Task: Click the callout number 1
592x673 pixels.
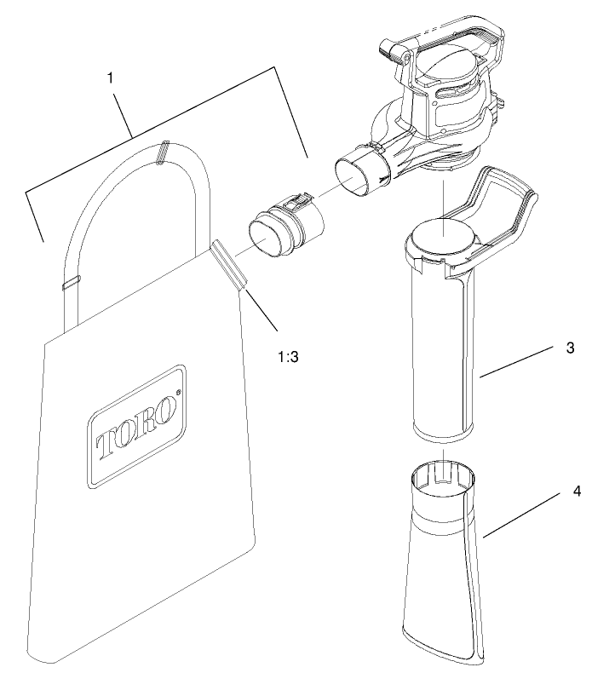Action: tap(112, 77)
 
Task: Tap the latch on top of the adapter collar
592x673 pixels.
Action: tap(294, 204)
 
